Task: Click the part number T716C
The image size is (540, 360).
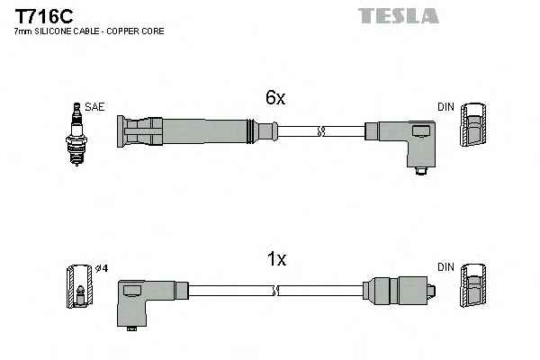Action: (x=44, y=16)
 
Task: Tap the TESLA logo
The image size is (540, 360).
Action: (x=399, y=16)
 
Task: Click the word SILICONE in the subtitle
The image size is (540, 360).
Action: (x=53, y=31)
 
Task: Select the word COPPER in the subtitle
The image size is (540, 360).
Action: (x=121, y=31)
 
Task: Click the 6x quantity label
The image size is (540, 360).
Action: (x=275, y=97)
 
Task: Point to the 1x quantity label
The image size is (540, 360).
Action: (x=276, y=258)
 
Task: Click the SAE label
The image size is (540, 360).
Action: (x=94, y=107)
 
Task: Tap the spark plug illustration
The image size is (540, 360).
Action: (x=76, y=134)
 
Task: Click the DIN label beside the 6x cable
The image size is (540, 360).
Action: (x=446, y=107)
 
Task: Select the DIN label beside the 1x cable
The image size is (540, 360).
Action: (x=446, y=267)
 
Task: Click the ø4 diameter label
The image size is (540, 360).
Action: (x=102, y=268)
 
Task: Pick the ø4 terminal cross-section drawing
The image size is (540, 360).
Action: (x=79, y=286)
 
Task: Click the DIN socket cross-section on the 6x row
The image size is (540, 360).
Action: (x=473, y=124)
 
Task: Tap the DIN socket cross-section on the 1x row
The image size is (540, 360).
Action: (x=473, y=285)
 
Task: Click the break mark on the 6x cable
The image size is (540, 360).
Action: (x=321, y=131)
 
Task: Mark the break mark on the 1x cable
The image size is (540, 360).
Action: (x=275, y=291)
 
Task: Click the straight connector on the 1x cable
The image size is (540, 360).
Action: (x=399, y=291)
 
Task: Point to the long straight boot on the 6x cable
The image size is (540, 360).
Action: (x=197, y=131)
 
